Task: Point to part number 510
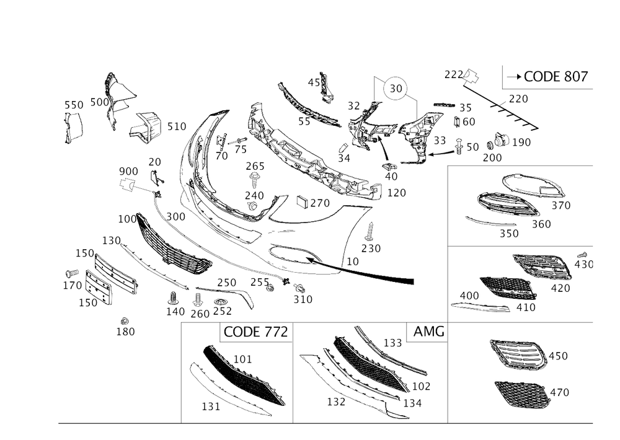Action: pos(177,126)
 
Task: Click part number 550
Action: pos(73,106)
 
